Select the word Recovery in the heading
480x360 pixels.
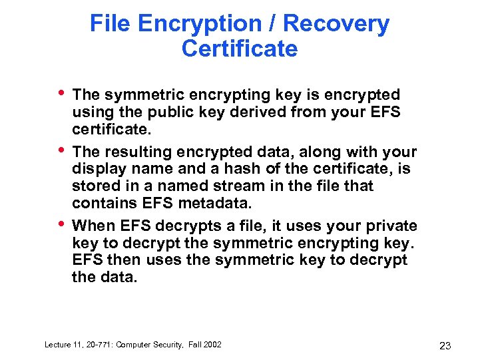pos(336,25)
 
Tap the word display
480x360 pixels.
pos(99,168)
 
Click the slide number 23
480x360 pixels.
pos(445,346)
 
